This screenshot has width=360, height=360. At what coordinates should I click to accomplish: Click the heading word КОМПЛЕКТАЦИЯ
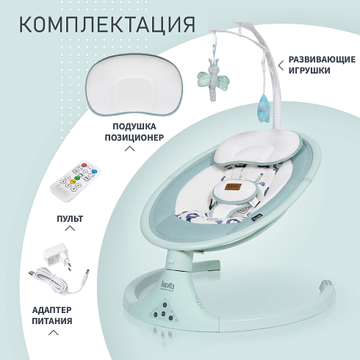(x=107, y=25)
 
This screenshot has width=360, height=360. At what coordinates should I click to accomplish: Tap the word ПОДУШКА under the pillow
(x=134, y=126)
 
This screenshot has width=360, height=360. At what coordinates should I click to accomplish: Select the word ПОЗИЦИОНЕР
(x=134, y=137)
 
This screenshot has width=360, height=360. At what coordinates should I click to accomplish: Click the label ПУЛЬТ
(x=70, y=219)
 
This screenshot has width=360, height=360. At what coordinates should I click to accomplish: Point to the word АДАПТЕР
(x=52, y=310)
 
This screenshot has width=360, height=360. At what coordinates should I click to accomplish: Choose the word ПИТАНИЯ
(x=52, y=321)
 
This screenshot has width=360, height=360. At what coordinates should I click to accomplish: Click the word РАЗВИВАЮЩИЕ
(x=322, y=60)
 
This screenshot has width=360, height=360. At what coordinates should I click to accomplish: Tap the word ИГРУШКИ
(x=309, y=71)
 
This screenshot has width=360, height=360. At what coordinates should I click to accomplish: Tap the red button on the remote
(x=84, y=165)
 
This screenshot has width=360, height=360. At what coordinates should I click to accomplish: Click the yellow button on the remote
(x=73, y=181)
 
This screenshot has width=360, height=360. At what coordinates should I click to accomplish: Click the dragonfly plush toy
(x=214, y=79)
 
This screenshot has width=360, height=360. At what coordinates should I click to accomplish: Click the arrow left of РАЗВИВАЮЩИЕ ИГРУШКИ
(x=281, y=65)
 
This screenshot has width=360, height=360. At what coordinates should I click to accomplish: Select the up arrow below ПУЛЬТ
(x=70, y=228)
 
